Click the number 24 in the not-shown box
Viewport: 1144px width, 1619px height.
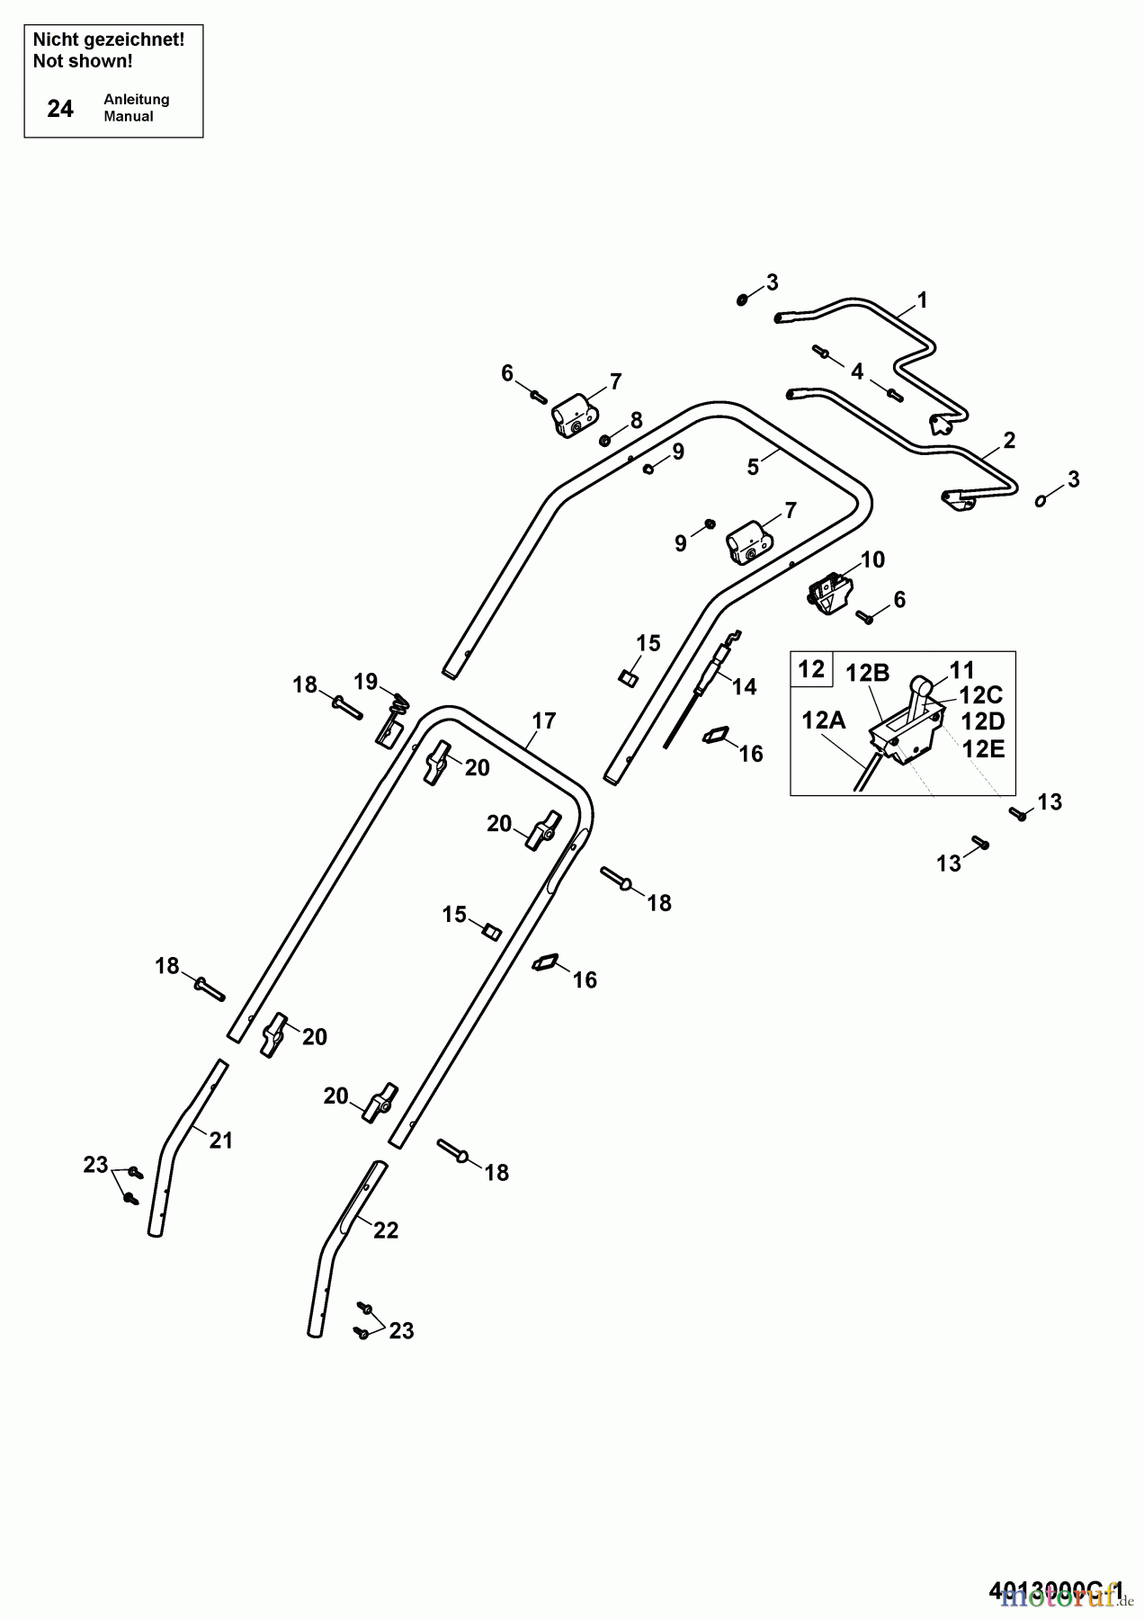[60, 109]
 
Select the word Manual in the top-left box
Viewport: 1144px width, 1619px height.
[128, 116]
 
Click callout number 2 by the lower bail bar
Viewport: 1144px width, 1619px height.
[1008, 440]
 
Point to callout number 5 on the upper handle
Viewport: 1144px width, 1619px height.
[753, 467]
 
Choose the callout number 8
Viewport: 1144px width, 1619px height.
[637, 420]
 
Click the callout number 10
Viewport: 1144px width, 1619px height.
[872, 559]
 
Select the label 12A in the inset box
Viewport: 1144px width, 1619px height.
[824, 720]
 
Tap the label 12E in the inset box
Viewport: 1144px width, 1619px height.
[984, 748]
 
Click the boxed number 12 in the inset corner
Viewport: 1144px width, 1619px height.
[811, 669]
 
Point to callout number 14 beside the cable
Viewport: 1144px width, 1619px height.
[745, 686]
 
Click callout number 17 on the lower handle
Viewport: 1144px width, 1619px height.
[543, 720]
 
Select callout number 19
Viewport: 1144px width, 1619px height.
[365, 681]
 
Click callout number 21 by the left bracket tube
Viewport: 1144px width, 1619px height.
[221, 1140]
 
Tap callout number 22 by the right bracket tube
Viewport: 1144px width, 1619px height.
[386, 1230]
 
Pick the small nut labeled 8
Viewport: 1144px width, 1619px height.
[605, 440]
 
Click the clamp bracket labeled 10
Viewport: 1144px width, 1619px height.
[829, 595]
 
